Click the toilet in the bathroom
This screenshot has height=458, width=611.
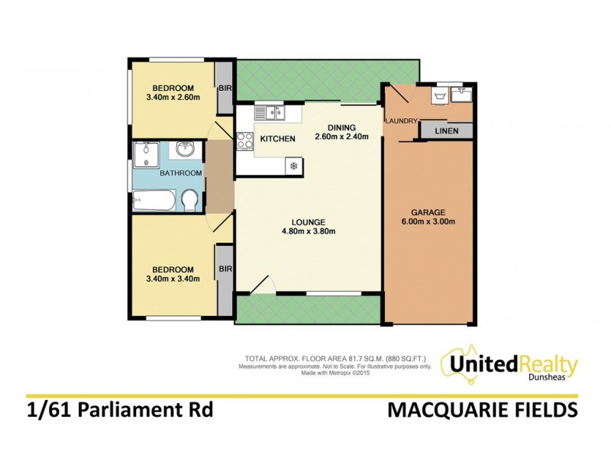190,201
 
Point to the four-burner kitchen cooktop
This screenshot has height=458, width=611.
245,140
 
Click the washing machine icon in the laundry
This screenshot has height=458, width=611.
439,97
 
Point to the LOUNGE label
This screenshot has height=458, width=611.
309,222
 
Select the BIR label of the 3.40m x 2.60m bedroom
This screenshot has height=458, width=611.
225,89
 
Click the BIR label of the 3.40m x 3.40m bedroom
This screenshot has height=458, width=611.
225,269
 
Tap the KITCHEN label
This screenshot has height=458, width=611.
278,139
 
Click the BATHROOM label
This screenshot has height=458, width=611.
180,173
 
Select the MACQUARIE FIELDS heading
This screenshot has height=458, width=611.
482,411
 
